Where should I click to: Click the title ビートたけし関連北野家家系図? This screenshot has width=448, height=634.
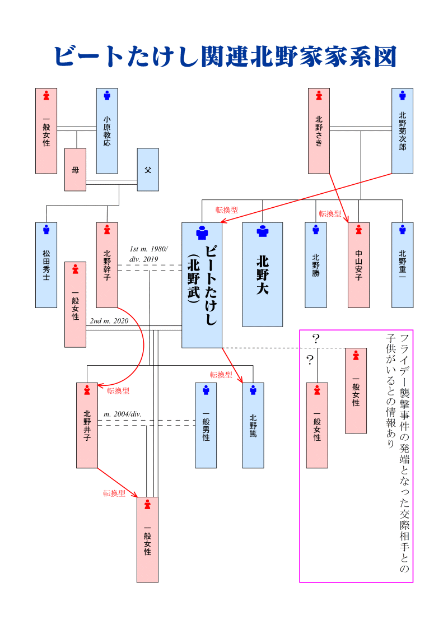(225, 57)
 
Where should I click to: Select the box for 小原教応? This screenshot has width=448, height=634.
(107, 130)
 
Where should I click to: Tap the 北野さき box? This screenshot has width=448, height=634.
(319, 130)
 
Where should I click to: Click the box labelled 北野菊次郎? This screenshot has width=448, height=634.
(402, 130)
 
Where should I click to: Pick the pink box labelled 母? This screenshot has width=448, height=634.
(75, 169)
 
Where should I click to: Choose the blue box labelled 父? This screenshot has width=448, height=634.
(148, 169)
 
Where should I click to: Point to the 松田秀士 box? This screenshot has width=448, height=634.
(46, 265)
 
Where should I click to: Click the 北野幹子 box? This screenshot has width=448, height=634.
(107, 265)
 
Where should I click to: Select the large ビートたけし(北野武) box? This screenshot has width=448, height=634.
(202, 285)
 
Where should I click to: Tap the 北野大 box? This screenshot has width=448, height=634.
(262, 274)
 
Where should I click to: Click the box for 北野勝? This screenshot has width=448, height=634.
(316, 265)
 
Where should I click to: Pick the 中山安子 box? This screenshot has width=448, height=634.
(358, 265)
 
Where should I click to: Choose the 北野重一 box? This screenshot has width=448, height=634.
(402, 265)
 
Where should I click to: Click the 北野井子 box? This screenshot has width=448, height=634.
(87, 425)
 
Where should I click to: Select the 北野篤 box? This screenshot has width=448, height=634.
(253, 425)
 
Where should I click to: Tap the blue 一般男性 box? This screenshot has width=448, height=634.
(206, 425)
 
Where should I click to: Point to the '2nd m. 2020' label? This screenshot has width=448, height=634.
(109, 321)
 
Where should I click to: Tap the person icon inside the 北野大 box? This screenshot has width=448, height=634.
(262, 231)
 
